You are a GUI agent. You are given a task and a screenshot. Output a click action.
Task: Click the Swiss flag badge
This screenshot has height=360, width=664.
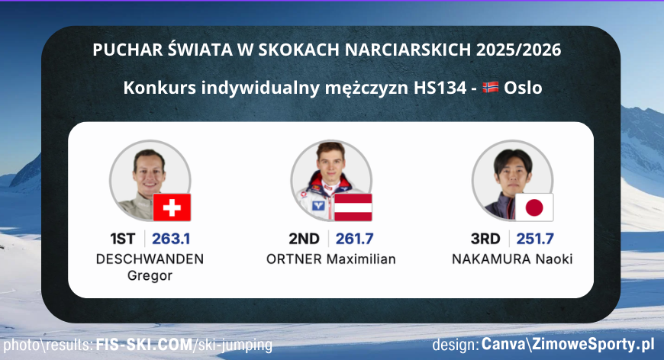[172, 207]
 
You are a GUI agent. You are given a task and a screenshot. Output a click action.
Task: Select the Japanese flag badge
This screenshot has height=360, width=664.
[534, 207]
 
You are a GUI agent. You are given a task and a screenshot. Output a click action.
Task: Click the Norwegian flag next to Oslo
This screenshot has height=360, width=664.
[491, 88]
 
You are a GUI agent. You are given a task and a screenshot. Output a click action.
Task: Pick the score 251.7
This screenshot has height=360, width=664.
[535, 238]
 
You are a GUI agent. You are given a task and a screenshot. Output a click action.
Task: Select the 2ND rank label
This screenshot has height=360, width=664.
[305, 238]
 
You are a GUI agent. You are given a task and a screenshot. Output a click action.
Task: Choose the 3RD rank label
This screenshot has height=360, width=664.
[486, 238]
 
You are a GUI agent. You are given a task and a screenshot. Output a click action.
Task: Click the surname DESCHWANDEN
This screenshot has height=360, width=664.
[150, 259]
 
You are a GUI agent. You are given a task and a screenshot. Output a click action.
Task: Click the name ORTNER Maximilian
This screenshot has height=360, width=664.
[331, 259]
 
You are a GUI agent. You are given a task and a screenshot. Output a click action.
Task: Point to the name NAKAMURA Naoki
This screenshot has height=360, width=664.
[512, 259]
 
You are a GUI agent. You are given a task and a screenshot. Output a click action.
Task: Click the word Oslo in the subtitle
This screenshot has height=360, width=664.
[524, 88]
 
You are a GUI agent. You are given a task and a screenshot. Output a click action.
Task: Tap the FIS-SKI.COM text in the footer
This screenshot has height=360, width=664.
[145, 346]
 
